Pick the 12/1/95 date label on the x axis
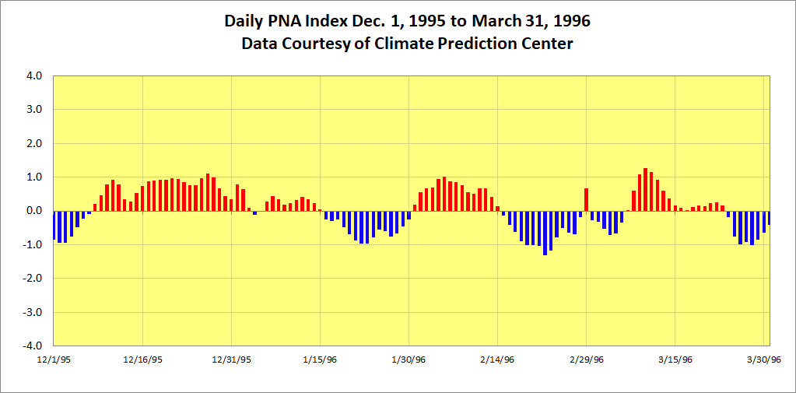(x=53, y=360)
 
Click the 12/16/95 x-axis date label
(x=142, y=360)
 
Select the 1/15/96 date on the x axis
(x=320, y=360)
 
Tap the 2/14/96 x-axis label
(x=498, y=360)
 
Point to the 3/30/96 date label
(x=764, y=360)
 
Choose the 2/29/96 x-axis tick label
(x=587, y=360)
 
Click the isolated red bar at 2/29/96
(x=586, y=199)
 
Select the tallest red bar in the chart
(x=645, y=189)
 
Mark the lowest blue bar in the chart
(x=545, y=233)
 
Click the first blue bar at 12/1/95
(x=54, y=225)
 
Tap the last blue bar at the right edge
(x=769, y=218)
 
